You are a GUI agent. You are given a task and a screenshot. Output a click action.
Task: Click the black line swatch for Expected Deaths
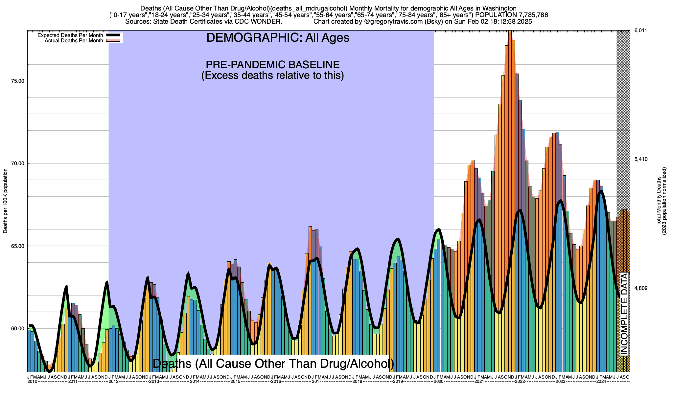coord(114,35)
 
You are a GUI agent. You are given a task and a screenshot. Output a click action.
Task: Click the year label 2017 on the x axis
coord(316,382)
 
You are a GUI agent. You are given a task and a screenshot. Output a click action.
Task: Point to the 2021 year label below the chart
coord(479,382)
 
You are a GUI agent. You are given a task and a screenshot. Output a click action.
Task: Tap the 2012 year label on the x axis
coord(113,382)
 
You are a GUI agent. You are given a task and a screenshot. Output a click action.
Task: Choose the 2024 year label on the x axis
coord(601,382)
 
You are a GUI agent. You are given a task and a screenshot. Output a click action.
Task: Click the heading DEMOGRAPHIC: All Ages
coord(278,38)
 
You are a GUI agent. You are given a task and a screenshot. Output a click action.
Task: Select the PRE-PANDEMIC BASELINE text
coord(272,65)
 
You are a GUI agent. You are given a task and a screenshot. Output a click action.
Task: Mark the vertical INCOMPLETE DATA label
coord(624,314)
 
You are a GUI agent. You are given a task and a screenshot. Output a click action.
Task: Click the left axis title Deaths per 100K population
coord(5,201)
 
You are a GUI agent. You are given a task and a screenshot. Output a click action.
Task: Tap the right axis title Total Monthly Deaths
coord(659,201)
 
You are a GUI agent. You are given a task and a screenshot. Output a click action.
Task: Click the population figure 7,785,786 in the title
coord(528,15)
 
